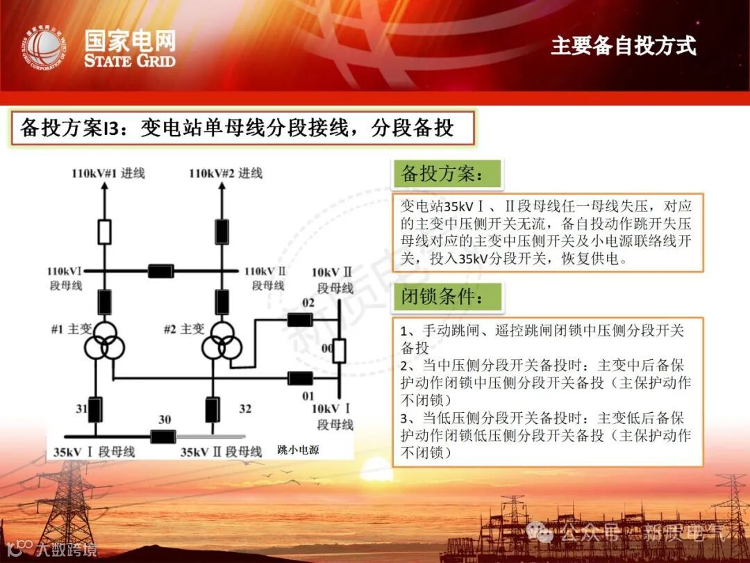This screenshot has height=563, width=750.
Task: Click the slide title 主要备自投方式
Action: [x=623, y=46]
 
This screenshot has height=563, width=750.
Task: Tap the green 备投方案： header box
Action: [x=447, y=173]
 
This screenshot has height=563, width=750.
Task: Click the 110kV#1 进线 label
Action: [x=108, y=173]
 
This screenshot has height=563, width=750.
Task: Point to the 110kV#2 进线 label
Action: [x=226, y=173]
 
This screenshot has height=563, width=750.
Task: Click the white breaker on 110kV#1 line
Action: [x=104, y=231]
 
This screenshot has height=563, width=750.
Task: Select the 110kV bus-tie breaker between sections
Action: [x=160, y=271]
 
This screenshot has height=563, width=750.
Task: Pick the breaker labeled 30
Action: [x=163, y=436]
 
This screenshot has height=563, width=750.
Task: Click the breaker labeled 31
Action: [x=94, y=409]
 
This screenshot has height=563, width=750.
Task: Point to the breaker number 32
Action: [x=245, y=409]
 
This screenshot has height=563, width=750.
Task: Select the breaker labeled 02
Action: [x=299, y=320]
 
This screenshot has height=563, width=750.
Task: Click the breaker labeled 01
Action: [x=299, y=378]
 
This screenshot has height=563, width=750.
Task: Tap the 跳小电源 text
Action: [x=298, y=450]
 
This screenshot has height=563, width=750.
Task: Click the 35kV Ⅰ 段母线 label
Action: [x=94, y=452]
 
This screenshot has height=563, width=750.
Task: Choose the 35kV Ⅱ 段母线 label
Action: [x=221, y=452]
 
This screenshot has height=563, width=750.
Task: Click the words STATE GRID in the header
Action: [x=130, y=60]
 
